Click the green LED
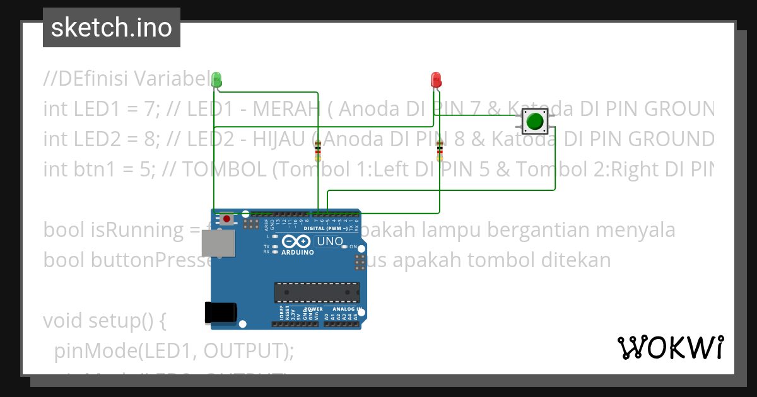pyautogui.click(x=216, y=79)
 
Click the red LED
pyautogui.click(x=435, y=79)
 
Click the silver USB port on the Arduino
pyautogui.click(x=216, y=243)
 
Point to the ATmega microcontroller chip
pyautogui.click(x=317, y=292)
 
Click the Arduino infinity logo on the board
pyautogui.click(x=296, y=242)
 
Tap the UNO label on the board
pyautogui.click(x=329, y=241)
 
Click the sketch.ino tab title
pyautogui.click(x=112, y=28)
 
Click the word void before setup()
pyautogui.click(x=64, y=321)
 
